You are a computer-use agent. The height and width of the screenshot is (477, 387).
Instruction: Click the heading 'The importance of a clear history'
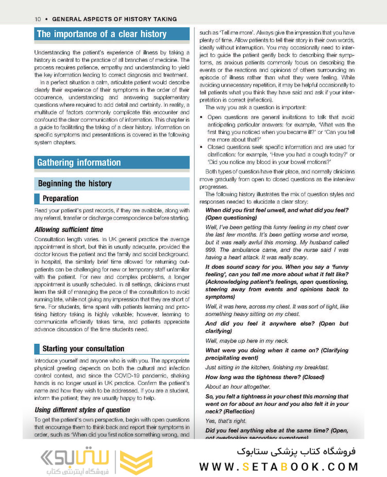click(101, 34)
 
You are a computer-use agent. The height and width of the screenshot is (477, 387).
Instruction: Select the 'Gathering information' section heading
click(79, 163)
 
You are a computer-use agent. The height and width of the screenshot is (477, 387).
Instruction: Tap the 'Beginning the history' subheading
click(75, 183)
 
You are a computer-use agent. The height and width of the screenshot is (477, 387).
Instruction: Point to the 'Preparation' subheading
click(60, 198)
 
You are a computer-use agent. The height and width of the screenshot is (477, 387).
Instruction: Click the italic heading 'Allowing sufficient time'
click(69, 230)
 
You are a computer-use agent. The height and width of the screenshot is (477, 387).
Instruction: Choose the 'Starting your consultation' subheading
click(83, 348)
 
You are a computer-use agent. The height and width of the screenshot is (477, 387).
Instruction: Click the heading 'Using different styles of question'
click(82, 409)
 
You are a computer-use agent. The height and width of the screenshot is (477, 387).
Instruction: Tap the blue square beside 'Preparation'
click(37, 199)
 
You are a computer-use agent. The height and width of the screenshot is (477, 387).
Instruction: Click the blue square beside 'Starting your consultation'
click(37, 348)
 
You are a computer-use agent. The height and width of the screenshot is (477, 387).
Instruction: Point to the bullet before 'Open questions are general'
click(201, 117)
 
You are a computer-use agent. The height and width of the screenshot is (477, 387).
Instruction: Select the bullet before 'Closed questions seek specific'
click(201, 147)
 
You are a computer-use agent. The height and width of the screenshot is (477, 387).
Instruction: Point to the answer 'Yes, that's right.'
click(226, 421)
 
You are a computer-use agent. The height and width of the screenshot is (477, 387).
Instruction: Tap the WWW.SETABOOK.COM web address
click(279, 467)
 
